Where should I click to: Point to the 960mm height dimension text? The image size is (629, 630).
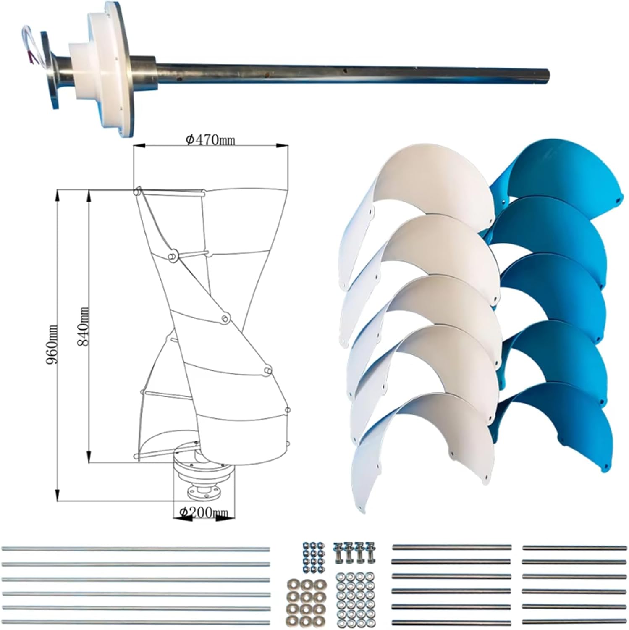[x=53, y=344]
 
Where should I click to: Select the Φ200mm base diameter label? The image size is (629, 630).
[x=204, y=512]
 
